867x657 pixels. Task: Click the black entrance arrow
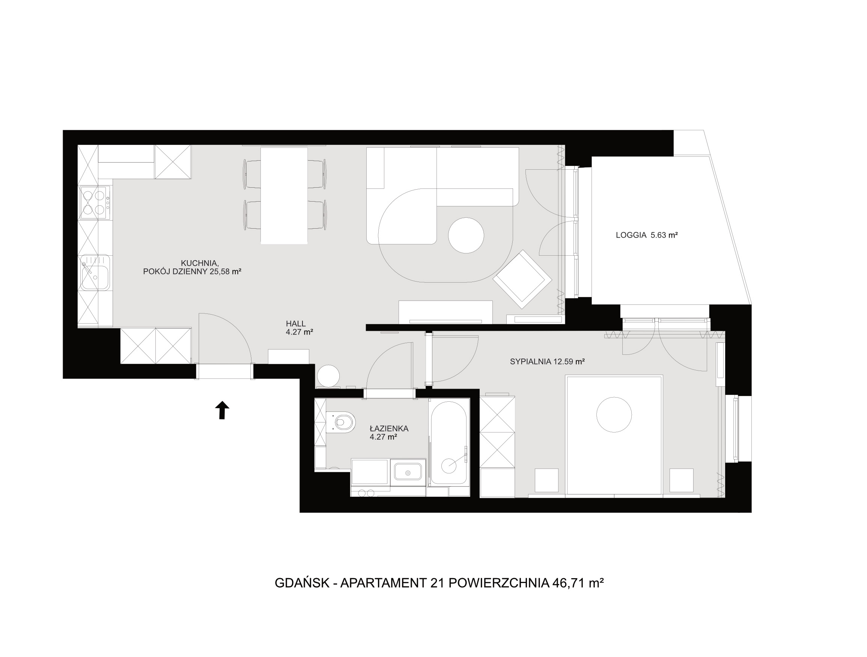click(222, 410)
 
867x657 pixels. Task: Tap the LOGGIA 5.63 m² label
click(647, 235)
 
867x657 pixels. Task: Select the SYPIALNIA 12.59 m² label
click(547, 362)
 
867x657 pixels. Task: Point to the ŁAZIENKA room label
click(389, 429)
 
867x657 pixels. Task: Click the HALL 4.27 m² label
click(300, 328)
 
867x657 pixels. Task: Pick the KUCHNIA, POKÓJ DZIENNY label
click(192, 267)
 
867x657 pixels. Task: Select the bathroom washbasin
click(408, 472)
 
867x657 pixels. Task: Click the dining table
click(284, 195)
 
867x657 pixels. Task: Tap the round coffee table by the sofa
click(466, 235)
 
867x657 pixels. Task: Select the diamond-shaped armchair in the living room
click(522, 279)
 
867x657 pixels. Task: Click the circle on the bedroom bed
click(614, 414)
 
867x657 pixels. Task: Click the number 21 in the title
click(437, 583)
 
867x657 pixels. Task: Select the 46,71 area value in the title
click(568, 583)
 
